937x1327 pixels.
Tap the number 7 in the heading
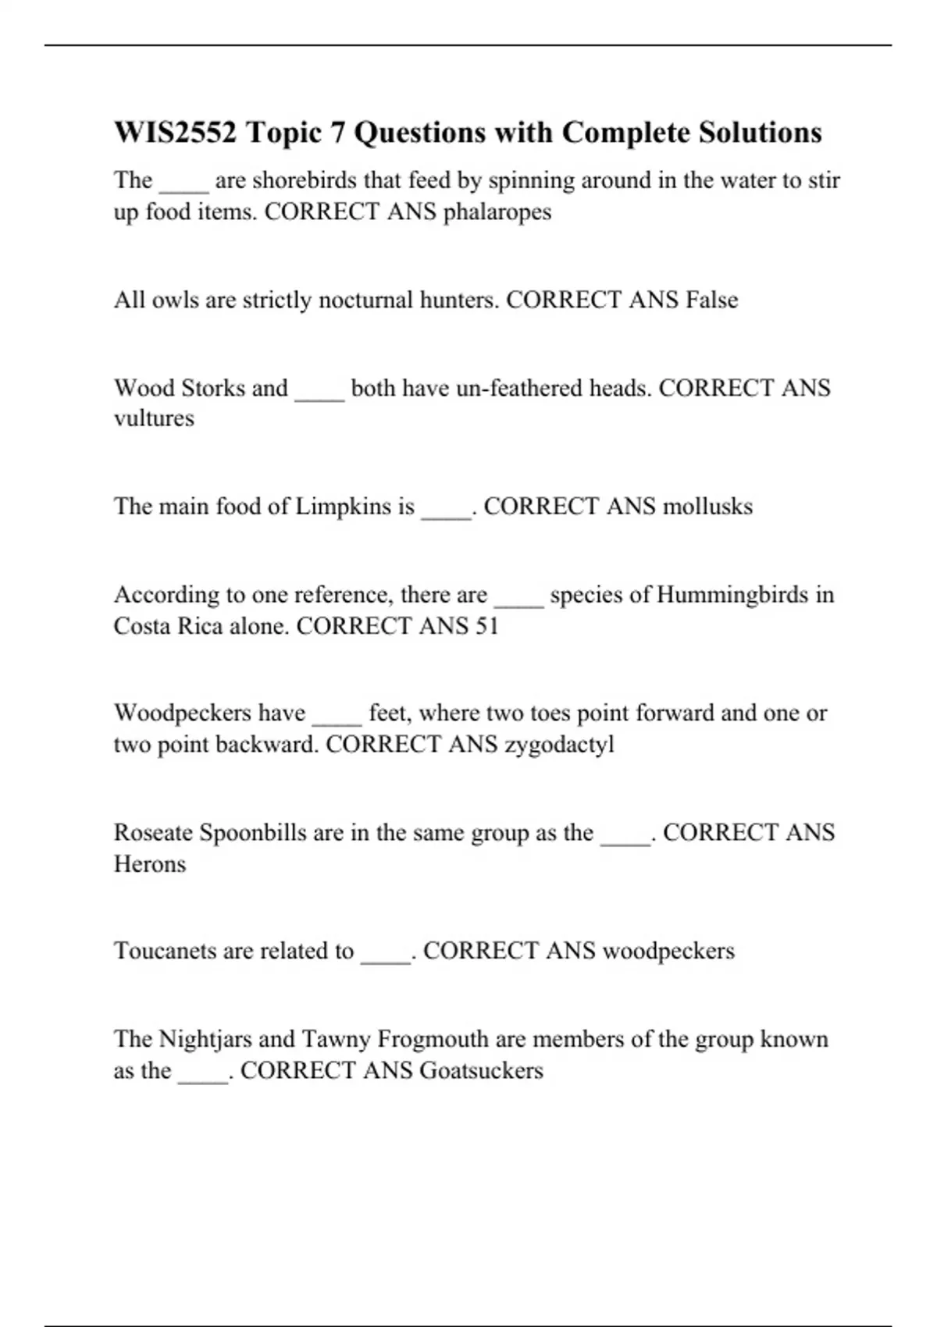(x=337, y=133)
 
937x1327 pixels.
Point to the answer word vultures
(x=154, y=418)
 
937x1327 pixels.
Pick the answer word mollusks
(x=707, y=507)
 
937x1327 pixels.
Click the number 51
(x=486, y=626)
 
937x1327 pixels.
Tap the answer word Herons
(x=150, y=864)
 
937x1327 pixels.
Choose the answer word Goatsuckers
(x=481, y=1070)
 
